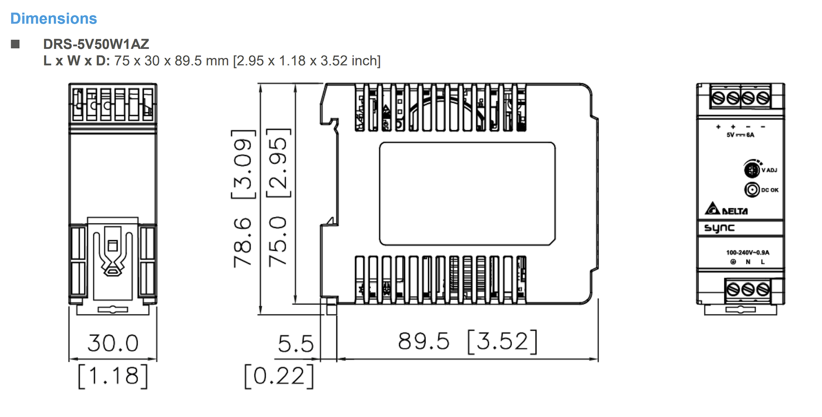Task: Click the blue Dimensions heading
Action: coord(54,18)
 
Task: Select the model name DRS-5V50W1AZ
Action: coord(96,44)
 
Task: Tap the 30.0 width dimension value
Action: coord(113,343)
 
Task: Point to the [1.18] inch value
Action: coord(113,376)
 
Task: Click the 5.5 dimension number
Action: coord(296,344)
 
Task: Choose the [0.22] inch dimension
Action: coord(279,376)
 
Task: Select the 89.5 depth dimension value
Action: coord(423,341)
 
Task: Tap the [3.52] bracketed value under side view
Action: coord(503,341)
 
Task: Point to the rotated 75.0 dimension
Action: coord(277,241)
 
